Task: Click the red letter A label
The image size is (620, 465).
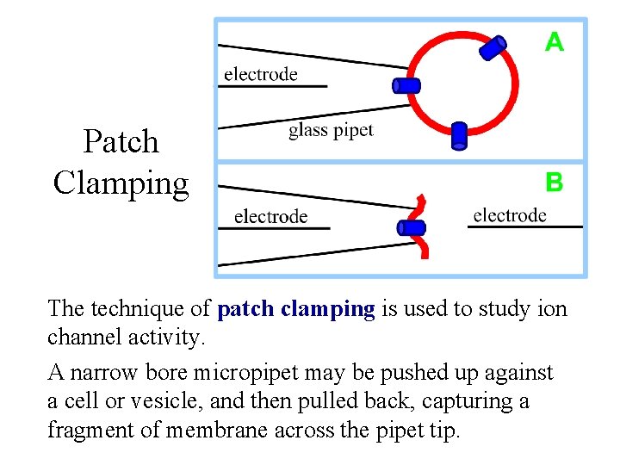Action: coord(555,41)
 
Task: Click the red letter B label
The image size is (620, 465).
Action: coord(555,183)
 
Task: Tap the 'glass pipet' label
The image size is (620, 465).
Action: coord(331,130)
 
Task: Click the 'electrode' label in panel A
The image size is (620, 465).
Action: coord(261,74)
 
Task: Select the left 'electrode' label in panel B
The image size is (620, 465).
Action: coord(270,216)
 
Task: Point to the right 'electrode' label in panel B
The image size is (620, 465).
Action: coord(510,215)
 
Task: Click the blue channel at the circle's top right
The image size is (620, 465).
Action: coord(493,47)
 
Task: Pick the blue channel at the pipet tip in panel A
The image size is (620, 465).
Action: coord(406,85)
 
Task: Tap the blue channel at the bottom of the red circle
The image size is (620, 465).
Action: coord(459,135)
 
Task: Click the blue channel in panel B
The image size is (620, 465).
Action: coord(412,228)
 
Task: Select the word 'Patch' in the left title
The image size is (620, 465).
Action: coord(121,142)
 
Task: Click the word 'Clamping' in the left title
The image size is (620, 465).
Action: coord(121,183)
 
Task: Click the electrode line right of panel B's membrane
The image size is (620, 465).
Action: coord(525,226)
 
